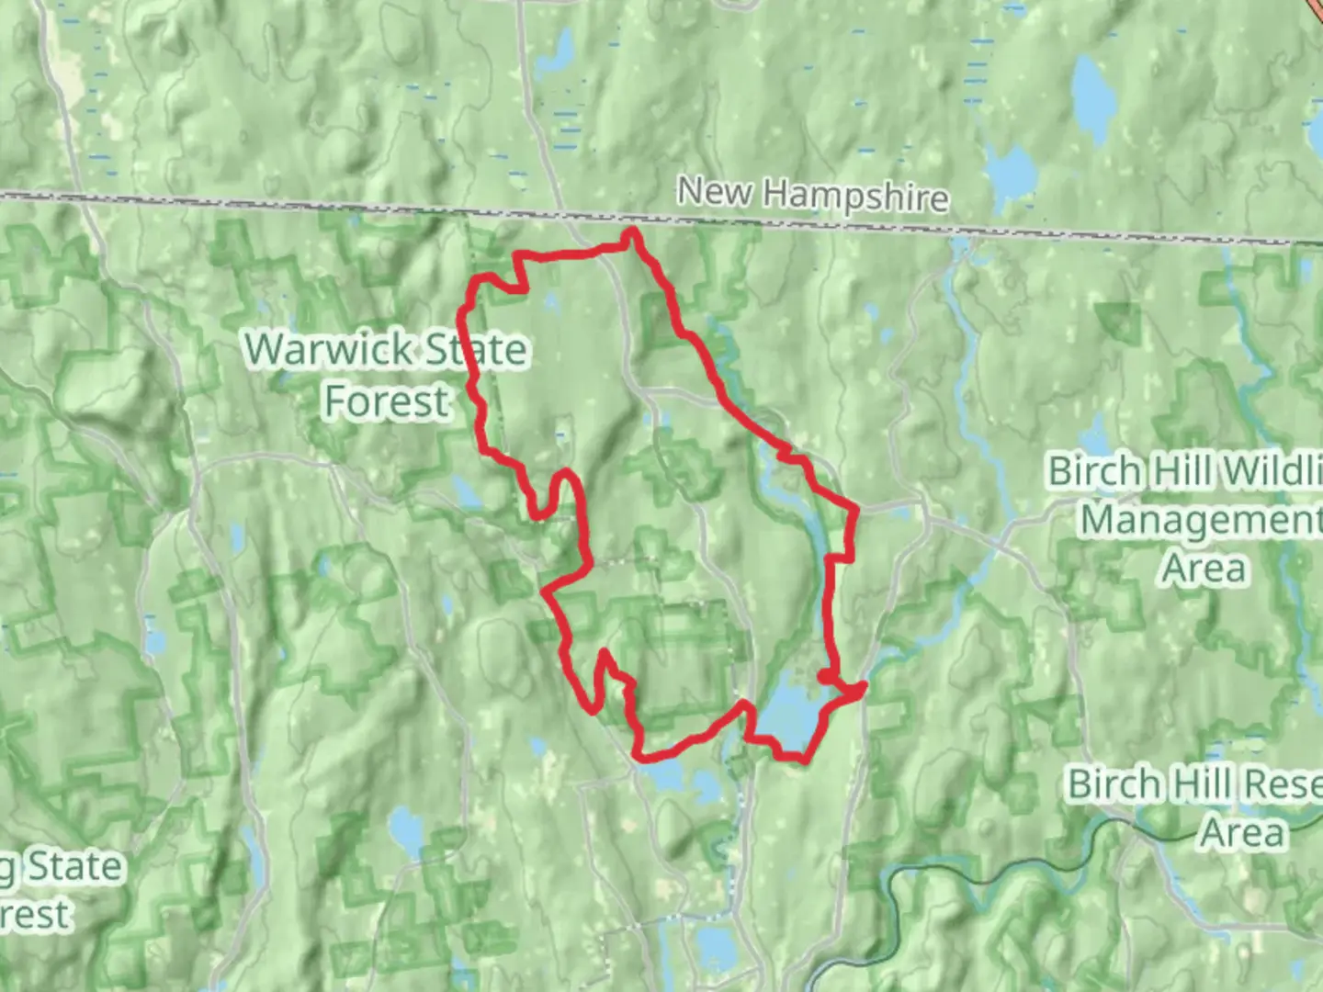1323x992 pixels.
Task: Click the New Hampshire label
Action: click(812, 195)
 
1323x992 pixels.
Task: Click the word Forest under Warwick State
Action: click(387, 401)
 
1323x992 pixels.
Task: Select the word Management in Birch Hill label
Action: click(1199, 520)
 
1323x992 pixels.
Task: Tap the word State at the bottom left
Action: click(73, 866)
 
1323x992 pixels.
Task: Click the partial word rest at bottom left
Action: click(35, 915)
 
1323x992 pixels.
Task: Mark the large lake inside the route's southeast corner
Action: click(786, 712)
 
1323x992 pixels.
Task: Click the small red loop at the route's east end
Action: click(828, 678)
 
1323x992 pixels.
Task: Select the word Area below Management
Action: click(1204, 569)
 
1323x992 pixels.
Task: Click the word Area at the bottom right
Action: click(1242, 833)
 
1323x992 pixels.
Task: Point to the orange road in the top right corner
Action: click(1315, 11)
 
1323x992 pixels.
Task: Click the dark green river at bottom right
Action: click(955, 868)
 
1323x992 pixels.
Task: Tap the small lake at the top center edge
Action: click(555, 53)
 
